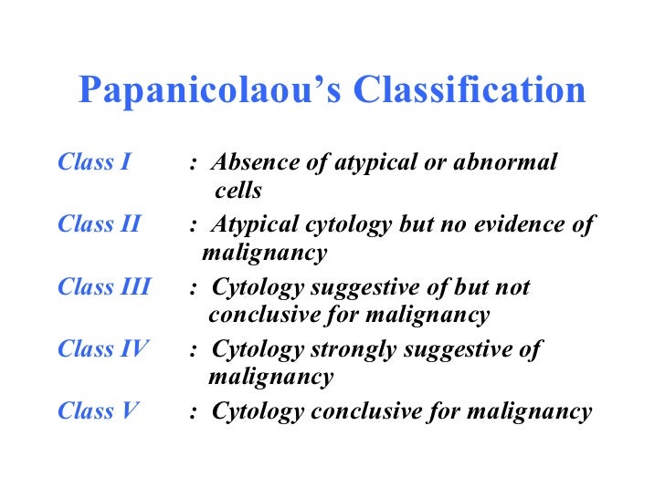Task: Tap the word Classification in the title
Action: point(470,89)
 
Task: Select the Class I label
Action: point(94,163)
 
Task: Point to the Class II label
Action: point(99,224)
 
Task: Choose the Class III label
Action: point(103,287)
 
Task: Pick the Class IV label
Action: point(102,348)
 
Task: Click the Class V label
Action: point(98,411)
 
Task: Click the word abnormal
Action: point(509,163)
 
